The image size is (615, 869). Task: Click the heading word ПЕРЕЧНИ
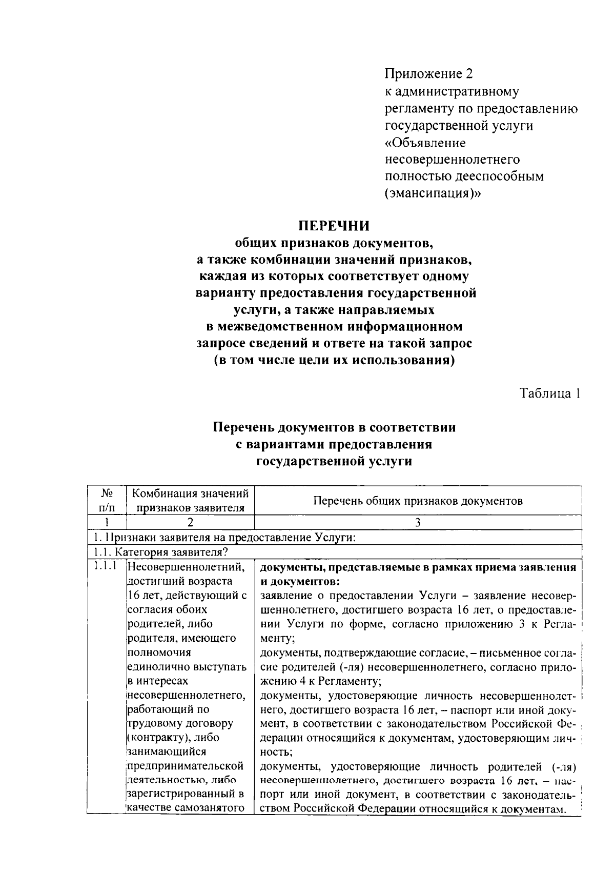[x=334, y=226]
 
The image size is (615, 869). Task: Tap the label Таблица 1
[x=550, y=393]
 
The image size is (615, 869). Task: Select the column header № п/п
[x=107, y=501]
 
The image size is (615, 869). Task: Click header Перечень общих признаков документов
[x=418, y=501]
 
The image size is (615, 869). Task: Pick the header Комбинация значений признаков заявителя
[x=190, y=501]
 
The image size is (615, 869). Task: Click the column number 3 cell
[x=418, y=523]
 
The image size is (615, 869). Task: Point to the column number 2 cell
[x=190, y=523]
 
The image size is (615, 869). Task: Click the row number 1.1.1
[x=106, y=567]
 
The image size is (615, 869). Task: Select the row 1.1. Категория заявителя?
[x=160, y=552]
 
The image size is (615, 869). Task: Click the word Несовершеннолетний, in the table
[x=185, y=567]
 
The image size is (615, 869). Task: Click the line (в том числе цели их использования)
[x=334, y=360]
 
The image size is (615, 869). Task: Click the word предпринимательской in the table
[x=185, y=766]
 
